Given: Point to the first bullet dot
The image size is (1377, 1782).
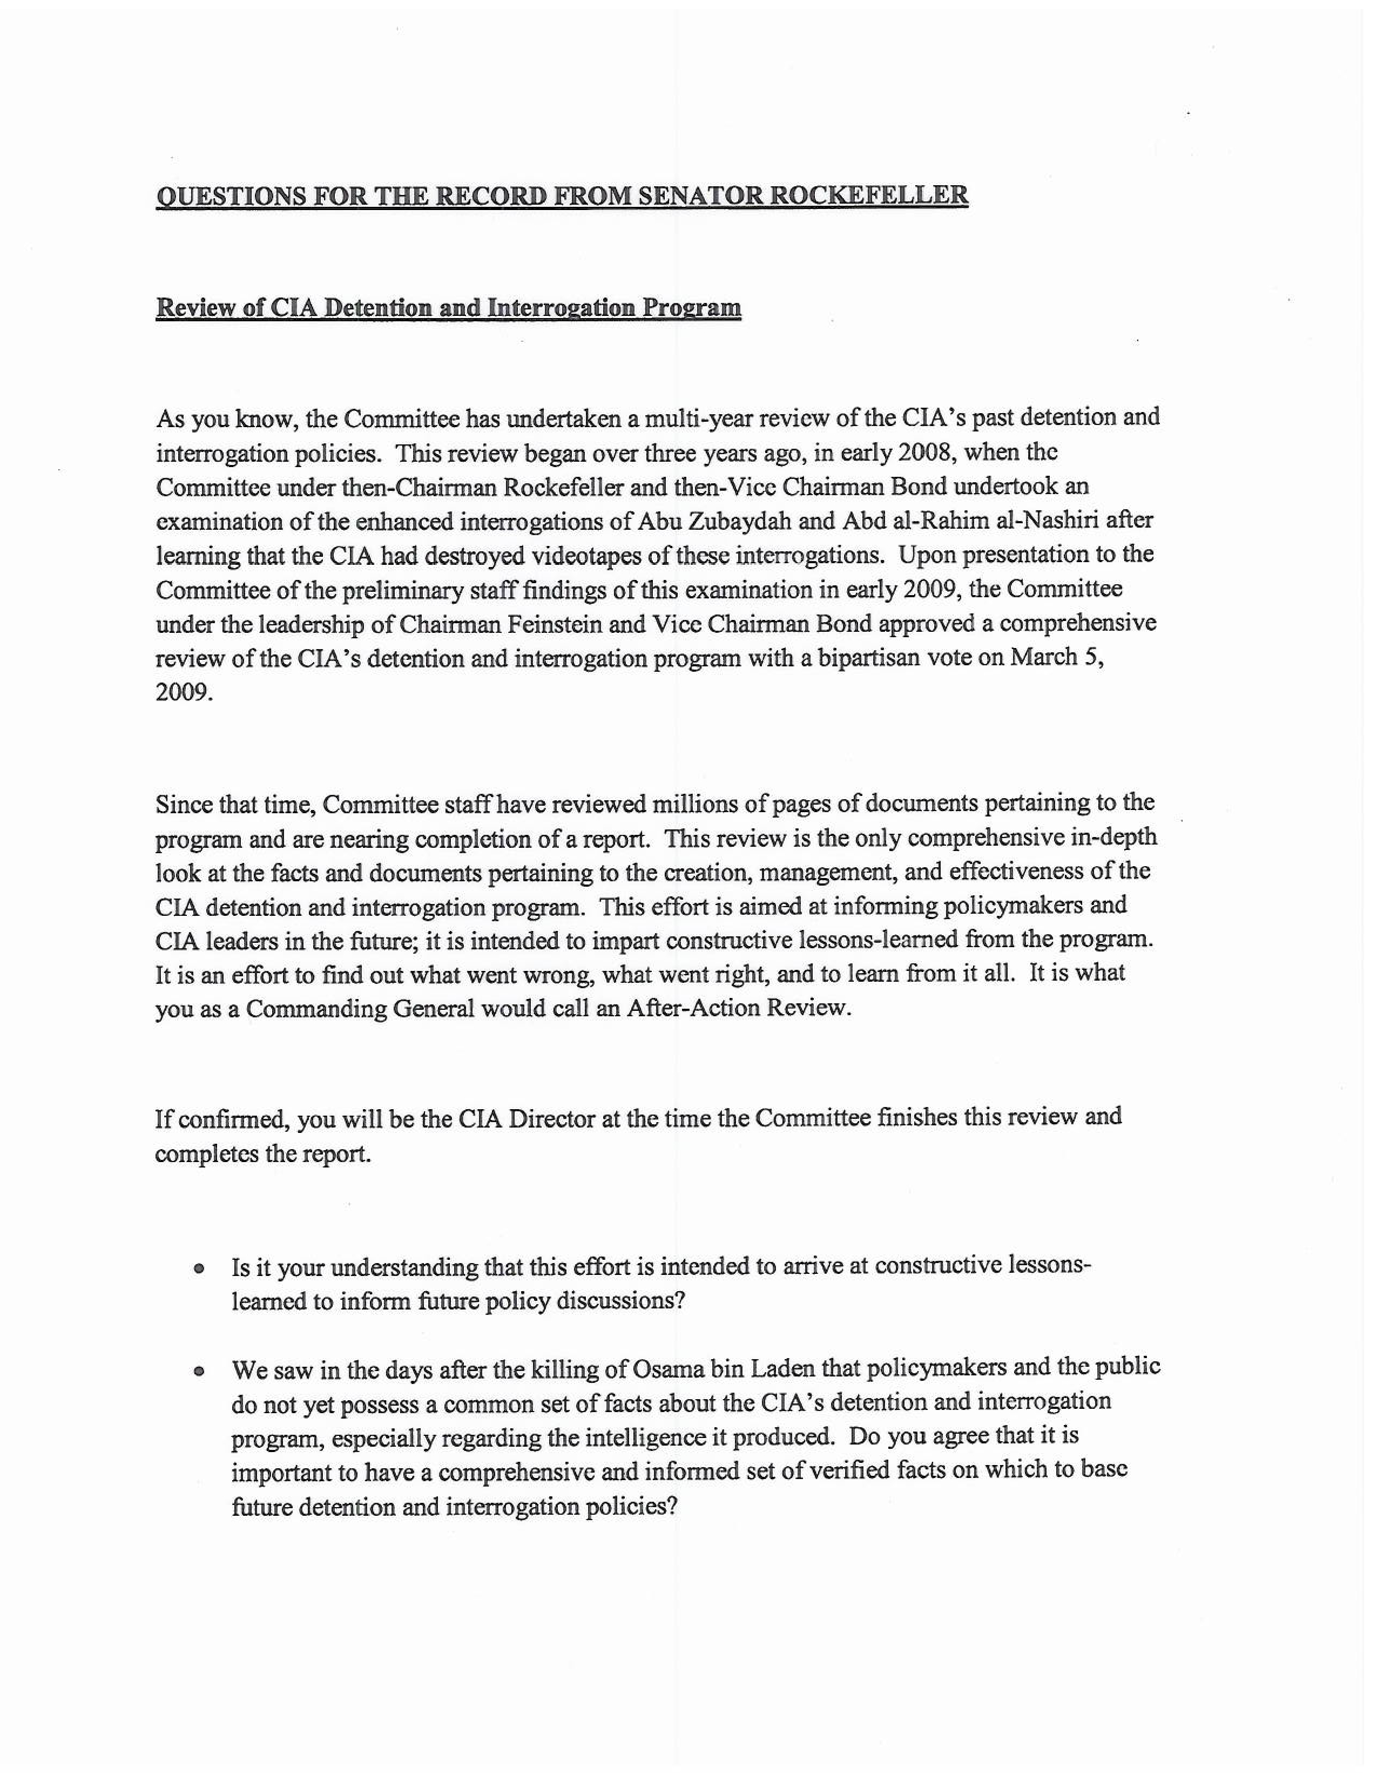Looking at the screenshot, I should coord(198,1269).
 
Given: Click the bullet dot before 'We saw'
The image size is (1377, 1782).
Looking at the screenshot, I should coord(198,1372).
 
